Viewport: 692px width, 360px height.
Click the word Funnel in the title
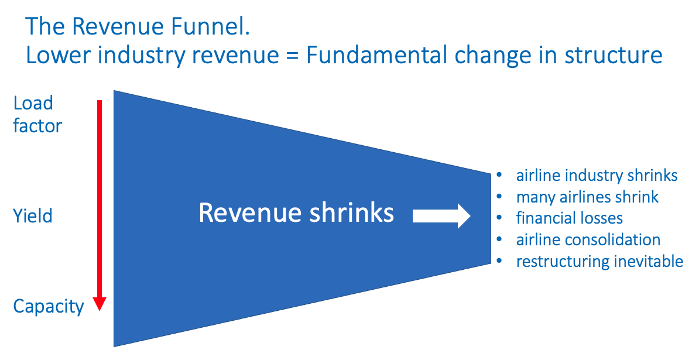point(211,26)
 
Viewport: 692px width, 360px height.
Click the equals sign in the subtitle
point(292,56)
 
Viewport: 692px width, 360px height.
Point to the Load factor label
point(37,114)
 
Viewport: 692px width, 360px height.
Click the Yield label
point(33,216)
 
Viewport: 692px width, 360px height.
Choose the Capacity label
point(49,307)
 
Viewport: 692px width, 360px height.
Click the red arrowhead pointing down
point(100,304)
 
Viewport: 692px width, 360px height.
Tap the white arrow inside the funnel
point(441,216)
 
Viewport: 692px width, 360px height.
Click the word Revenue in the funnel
point(251,212)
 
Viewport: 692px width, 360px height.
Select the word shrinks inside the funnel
point(352,212)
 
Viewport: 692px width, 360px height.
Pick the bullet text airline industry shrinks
point(597,175)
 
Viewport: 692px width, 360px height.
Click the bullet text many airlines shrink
point(587,197)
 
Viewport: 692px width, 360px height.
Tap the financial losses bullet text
point(569,218)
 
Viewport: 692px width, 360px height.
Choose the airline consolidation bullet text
point(588,239)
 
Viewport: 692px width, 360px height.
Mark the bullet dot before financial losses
point(499,218)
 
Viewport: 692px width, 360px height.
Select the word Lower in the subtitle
point(59,56)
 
